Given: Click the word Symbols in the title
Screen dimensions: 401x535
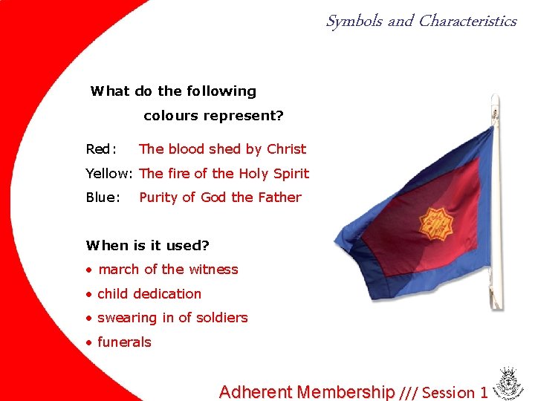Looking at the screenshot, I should point(354,22).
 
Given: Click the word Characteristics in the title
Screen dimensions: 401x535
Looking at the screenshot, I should point(467,22).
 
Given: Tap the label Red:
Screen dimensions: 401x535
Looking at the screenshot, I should point(101,149).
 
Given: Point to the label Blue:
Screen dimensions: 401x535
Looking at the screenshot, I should point(103,198).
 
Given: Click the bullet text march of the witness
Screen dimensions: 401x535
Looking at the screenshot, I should point(168,270).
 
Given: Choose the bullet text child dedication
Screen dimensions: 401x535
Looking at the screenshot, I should point(149,294).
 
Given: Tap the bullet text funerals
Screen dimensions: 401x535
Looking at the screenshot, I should point(124,342).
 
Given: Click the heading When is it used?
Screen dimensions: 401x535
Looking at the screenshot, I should point(148,245).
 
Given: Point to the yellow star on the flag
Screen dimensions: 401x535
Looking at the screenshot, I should point(436,221).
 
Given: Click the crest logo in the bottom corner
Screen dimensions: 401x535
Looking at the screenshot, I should point(510,383).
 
